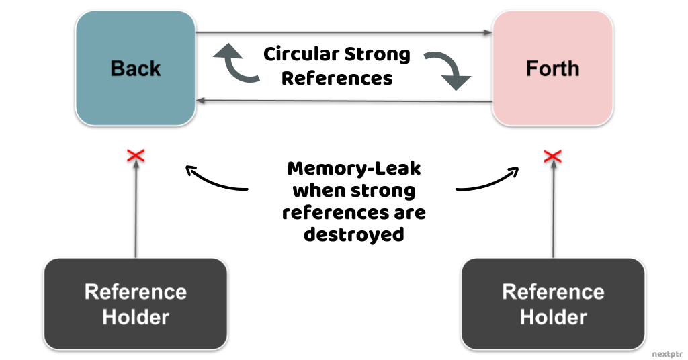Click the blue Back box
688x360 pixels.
pos(136,69)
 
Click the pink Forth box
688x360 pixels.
pos(552,69)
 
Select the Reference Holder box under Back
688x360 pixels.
pos(136,304)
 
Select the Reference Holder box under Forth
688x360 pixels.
pos(553,304)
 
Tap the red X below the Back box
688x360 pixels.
pos(136,156)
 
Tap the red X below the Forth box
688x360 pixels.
pos(552,156)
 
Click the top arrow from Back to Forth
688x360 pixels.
pos(343,32)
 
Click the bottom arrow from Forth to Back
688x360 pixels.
pos(343,101)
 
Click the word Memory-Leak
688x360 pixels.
pos(353,168)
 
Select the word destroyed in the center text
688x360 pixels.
pos(353,234)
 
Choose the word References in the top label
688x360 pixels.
pos(337,78)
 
